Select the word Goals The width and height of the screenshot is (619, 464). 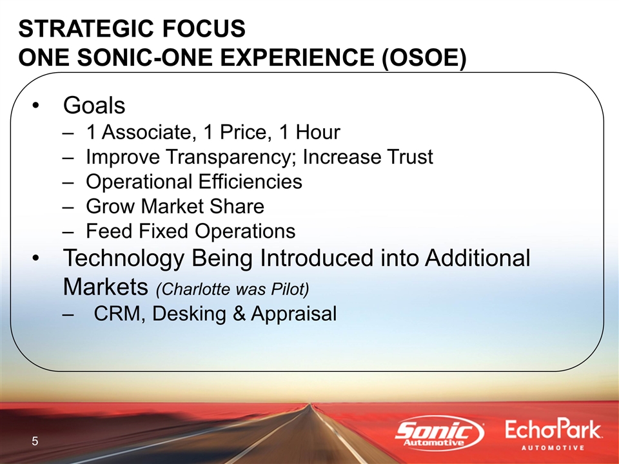pyautogui.click(x=94, y=105)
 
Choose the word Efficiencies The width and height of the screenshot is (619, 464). pyautogui.click(x=250, y=182)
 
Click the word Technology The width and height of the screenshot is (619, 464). pyautogui.click(x=124, y=259)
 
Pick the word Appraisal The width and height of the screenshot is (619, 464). pyautogui.click(x=294, y=314)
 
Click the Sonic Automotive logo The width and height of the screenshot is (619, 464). pyautogui.click(x=440, y=433)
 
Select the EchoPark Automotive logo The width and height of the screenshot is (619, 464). pyautogui.click(x=553, y=434)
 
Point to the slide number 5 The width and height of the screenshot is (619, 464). pyautogui.click(x=35, y=441)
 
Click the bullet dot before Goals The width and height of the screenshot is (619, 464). pyautogui.click(x=36, y=106)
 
